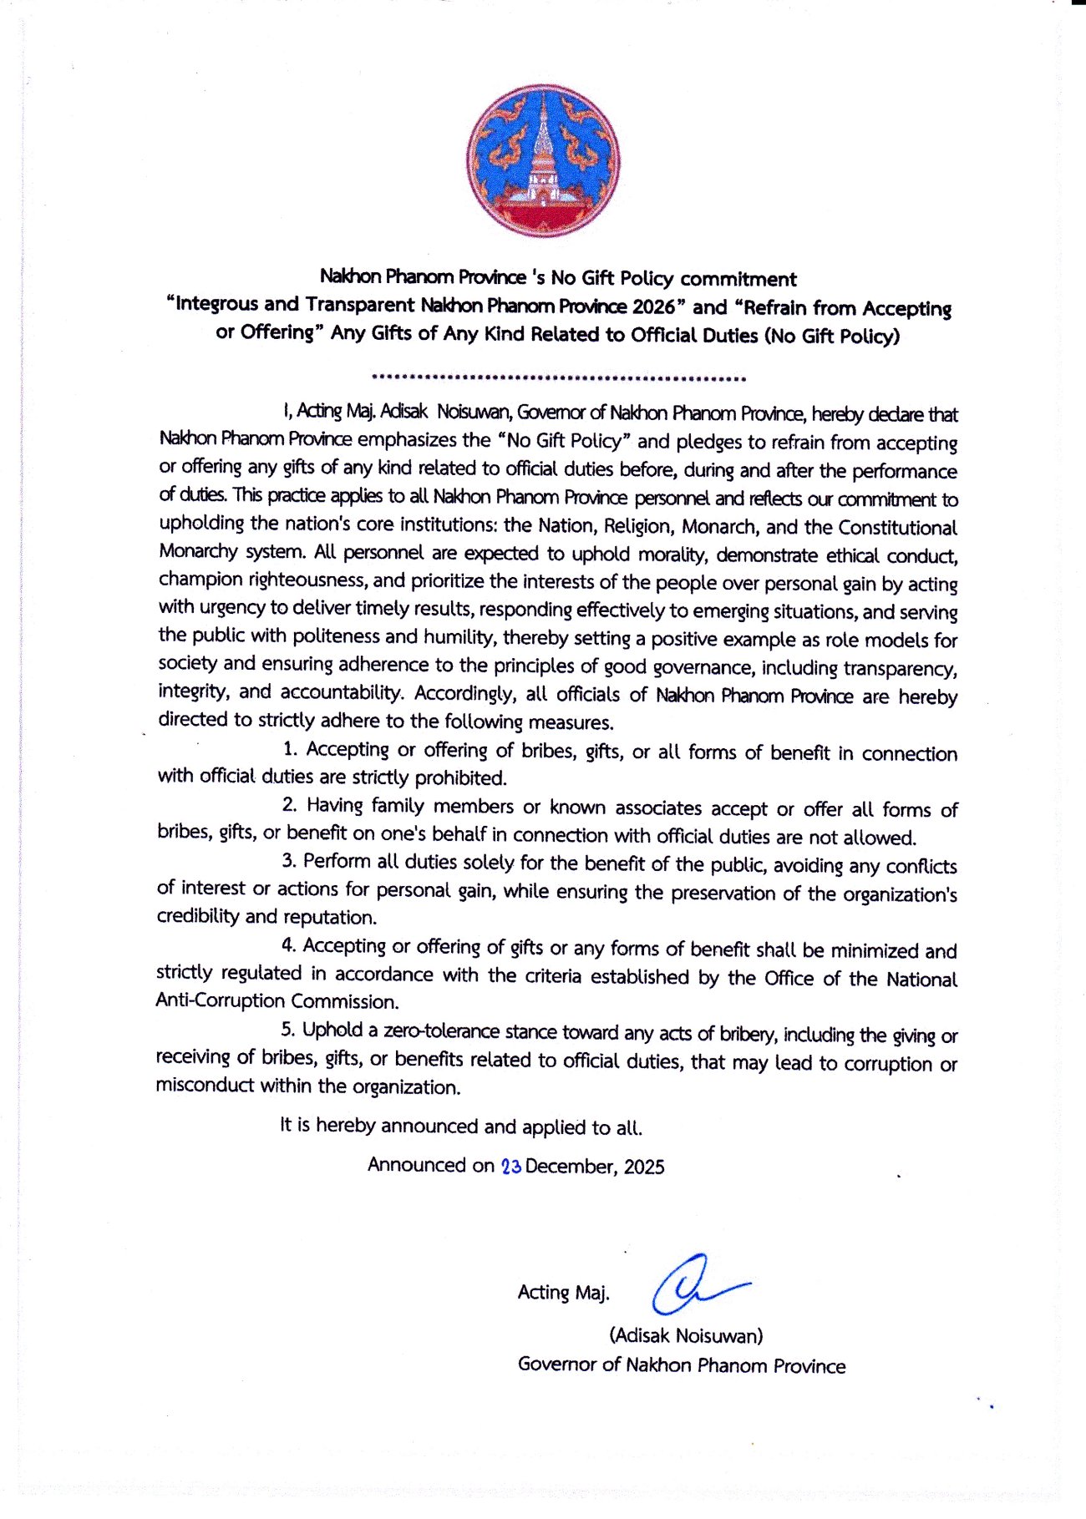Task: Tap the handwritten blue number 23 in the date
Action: click(x=511, y=1167)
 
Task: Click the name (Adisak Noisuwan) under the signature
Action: click(x=686, y=1335)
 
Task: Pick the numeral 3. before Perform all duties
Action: click(x=289, y=861)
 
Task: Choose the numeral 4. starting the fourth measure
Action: click(x=289, y=945)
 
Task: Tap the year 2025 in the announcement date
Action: click(x=643, y=1167)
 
